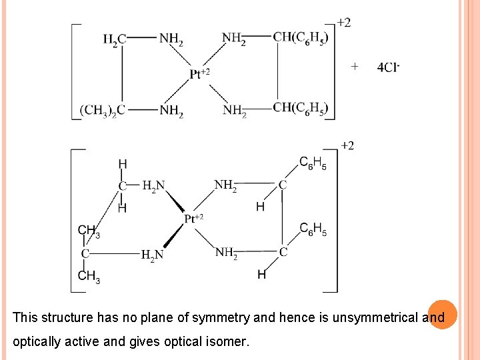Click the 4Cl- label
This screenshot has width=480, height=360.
[387, 67]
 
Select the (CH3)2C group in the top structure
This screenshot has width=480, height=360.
[102, 110]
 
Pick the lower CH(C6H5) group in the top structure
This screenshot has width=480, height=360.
[301, 108]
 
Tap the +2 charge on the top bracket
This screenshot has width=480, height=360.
[344, 23]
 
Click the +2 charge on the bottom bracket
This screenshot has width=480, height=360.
[347, 146]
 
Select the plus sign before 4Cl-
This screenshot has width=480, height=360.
[355, 66]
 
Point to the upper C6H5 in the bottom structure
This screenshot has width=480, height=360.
[313, 163]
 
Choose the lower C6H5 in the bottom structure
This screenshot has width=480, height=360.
[313, 230]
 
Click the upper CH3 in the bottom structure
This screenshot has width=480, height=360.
[89, 231]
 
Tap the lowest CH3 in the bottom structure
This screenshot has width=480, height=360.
[89, 275]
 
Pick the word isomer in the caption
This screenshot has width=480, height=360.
[229, 342]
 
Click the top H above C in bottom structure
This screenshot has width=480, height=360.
[123, 164]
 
